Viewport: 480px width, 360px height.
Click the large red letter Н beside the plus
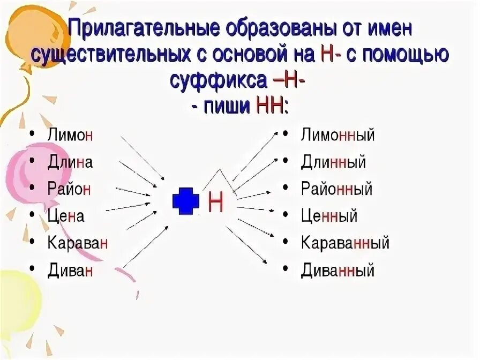pyautogui.click(x=215, y=202)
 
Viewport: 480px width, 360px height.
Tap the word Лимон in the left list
pyautogui.click(x=70, y=134)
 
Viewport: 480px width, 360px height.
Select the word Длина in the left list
pyautogui.click(x=70, y=162)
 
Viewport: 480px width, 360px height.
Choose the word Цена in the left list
pyautogui.click(x=66, y=216)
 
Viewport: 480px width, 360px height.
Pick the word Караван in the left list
pyautogui.click(x=78, y=243)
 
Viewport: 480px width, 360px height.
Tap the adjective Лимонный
pyautogui.click(x=337, y=134)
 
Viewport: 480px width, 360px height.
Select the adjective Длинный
pyautogui.click(x=333, y=162)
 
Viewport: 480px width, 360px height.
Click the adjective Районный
pyautogui.click(x=336, y=189)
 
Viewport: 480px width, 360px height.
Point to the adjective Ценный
pyautogui.click(x=329, y=216)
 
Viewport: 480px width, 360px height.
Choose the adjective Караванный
pyautogui.click(x=345, y=243)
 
